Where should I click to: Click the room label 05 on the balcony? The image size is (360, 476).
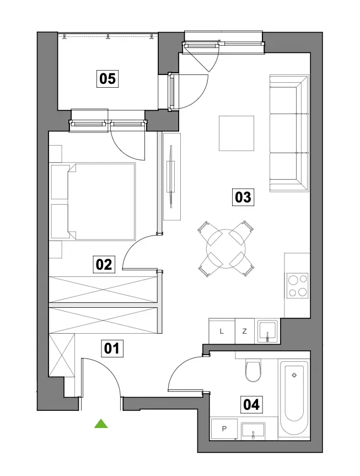pos(108,79)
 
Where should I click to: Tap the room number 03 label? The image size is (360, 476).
pos(243,197)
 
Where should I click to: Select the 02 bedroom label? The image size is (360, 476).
pos(104,264)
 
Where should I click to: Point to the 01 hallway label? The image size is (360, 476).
pos(112,348)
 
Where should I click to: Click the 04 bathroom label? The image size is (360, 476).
pos(251,405)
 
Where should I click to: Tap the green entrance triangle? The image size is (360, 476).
pos(101,424)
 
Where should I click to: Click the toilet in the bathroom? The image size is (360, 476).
pos(253,370)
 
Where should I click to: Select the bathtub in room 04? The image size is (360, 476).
pos(294,398)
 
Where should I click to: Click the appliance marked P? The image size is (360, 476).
pos(224,429)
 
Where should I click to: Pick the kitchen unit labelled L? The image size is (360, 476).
pos(222,331)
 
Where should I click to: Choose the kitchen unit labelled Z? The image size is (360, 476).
pos(245,331)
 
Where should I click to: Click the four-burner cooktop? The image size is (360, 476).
pos(298,285)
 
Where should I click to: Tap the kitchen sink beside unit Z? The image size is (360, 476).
pos(267,331)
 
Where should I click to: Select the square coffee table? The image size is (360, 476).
pos(237,133)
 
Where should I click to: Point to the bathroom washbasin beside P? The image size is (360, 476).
pos(253,431)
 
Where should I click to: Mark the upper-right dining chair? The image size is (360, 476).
pos(241,232)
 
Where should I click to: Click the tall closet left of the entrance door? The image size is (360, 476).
pos(62,355)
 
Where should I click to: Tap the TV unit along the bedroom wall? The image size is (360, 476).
pos(172,177)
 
